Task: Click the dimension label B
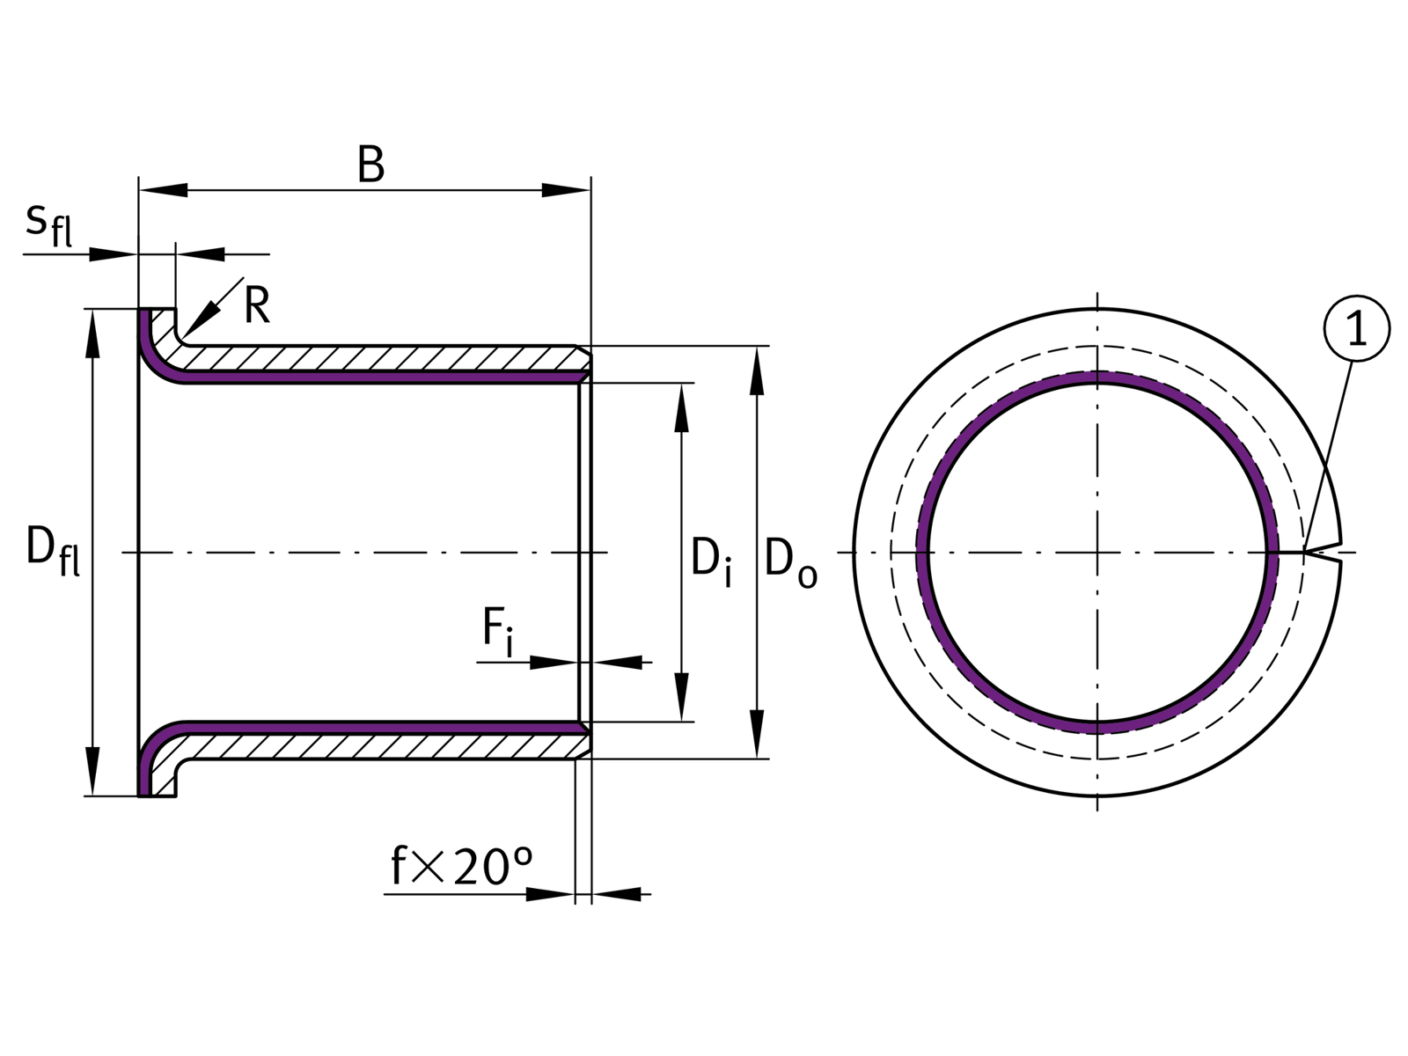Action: (x=370, y=165)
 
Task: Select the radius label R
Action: (x=256, y=306)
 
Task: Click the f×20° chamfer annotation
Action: (x=462, y=868)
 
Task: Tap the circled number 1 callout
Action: (x=1356, y=329)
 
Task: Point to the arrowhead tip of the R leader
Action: (x=183, y=335)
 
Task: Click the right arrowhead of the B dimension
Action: (x=567, y=190)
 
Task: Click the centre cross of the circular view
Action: (x=1097, y=552)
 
